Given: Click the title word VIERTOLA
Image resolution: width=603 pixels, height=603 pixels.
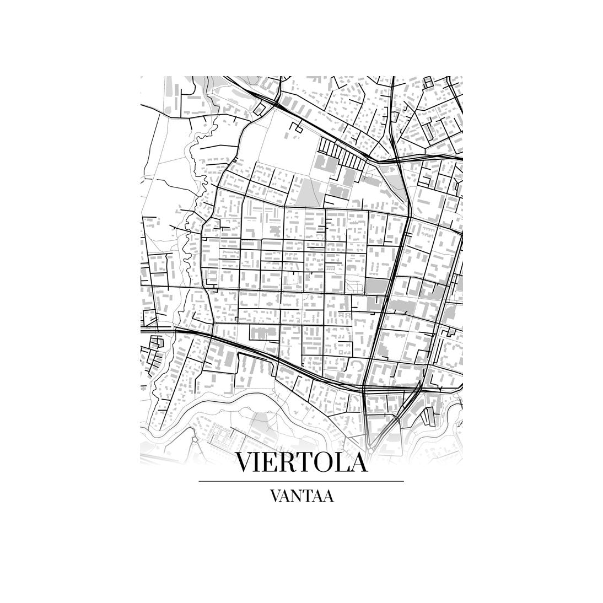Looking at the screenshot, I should click(301, 463).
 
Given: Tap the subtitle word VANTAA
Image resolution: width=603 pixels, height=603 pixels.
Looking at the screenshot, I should click(301, 495).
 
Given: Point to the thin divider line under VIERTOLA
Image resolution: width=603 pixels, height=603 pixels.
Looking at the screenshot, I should click(301, 481).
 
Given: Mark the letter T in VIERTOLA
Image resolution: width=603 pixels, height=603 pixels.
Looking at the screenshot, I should click(303, 463).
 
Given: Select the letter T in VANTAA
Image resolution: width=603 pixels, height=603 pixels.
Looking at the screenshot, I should click(309, 495).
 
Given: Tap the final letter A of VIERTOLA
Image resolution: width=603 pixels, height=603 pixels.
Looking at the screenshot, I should click(358, 463).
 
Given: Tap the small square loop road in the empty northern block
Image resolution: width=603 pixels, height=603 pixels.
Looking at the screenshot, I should click(298, 129).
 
